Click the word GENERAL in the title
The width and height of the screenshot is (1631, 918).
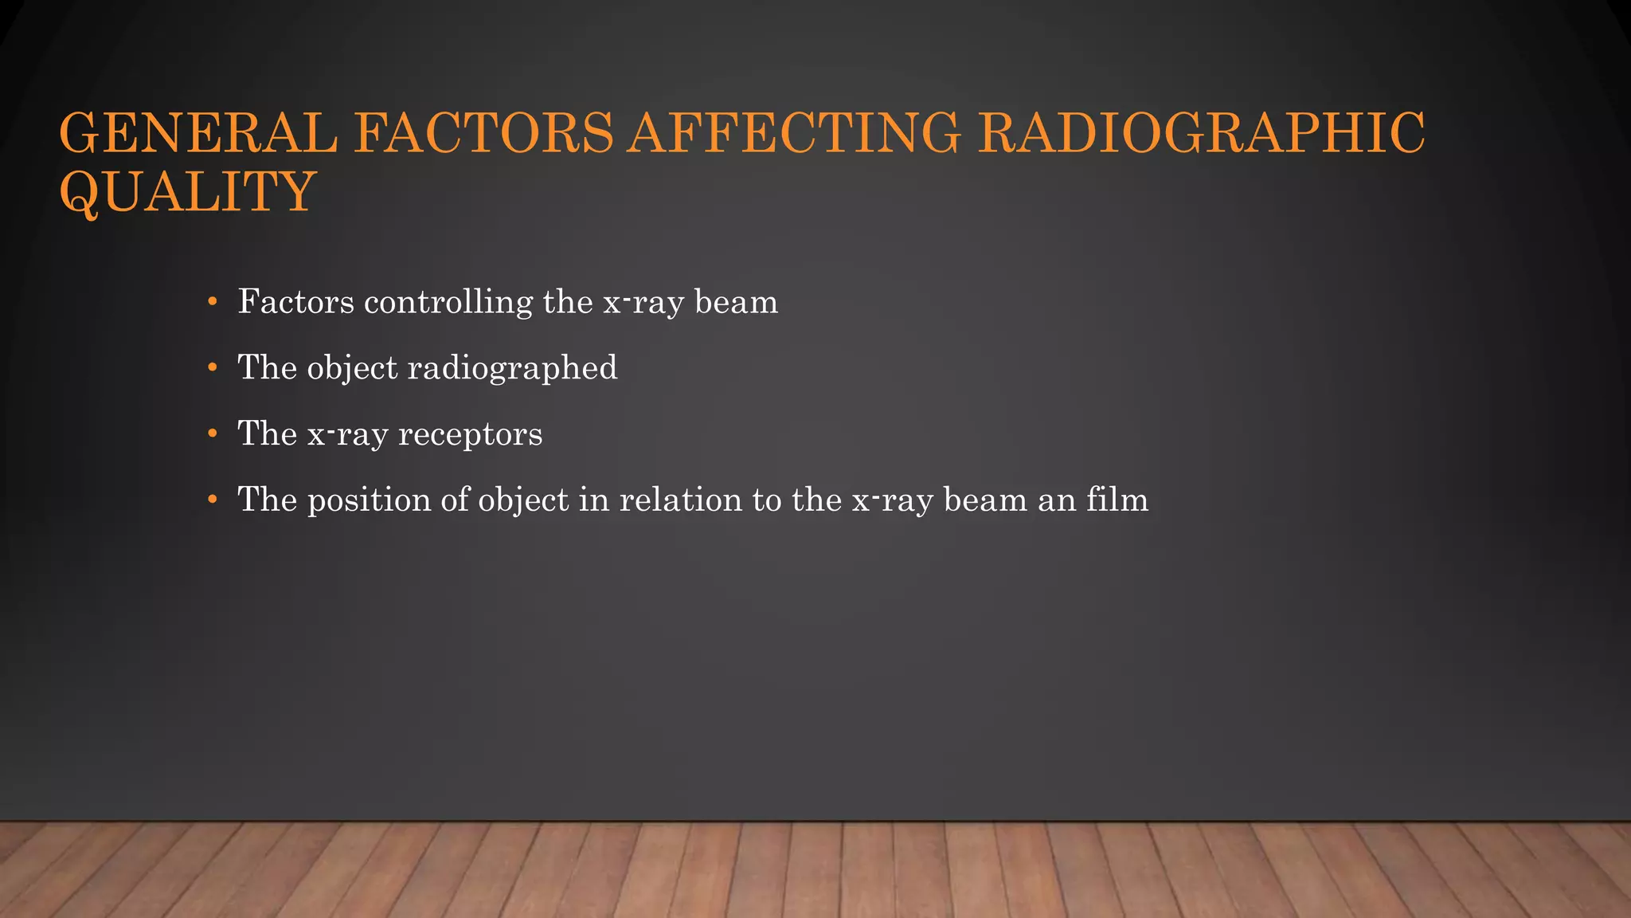(198, 133)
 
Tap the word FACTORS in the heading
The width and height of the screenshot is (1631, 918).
(483, 133)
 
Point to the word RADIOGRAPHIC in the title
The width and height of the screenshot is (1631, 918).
(1201, 133)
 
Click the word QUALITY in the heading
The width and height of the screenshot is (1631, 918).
(188, 193)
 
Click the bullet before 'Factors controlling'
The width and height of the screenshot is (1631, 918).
(212, 302)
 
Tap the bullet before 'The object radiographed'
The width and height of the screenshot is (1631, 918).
(212, 368)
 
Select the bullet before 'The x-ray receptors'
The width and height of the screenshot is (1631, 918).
(212, 434)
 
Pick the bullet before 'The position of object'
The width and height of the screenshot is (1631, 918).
(212, 500)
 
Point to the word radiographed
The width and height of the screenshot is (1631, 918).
(512, 369)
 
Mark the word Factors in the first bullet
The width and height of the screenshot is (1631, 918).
(295, 303)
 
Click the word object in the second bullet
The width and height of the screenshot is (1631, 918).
(352, 369)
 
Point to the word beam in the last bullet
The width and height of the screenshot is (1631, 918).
(985, 500)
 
